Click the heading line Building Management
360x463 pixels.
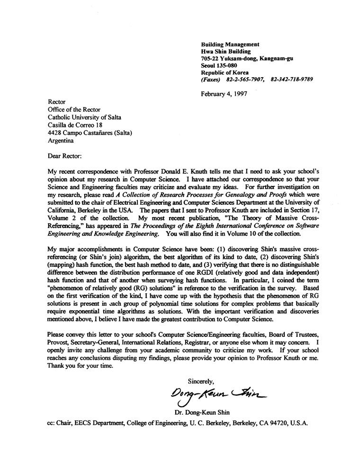click(230, 44)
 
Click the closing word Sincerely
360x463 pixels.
click(201, 381)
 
